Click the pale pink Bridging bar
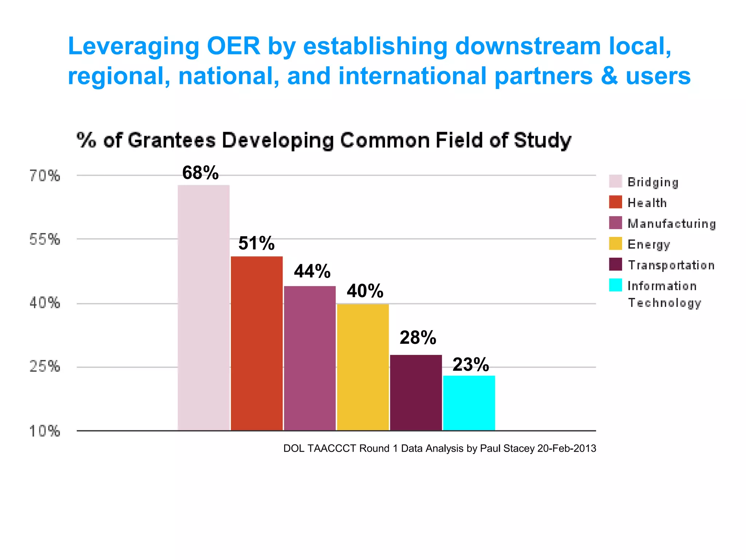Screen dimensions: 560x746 tap(204, 308)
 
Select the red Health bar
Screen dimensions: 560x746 tap(257, 343)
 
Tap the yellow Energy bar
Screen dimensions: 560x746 tap(363, 367)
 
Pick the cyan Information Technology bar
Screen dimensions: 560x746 tap(469, 403)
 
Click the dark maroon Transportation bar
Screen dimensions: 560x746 tap(416, 393)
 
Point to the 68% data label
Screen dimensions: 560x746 tap(200, 173)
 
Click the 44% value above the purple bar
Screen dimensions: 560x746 tap(312, 271)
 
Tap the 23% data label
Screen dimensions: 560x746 tap(471, 365)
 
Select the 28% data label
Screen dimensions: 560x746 tap(418, 338)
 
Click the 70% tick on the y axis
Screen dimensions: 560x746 tap(44, 176)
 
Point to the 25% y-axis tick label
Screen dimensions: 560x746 tap(44, 366)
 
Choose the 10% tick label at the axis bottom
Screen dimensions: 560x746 tap(44, 431)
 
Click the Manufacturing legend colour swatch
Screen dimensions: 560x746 tap(615, 223)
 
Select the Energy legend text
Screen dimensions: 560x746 tap(649, 244)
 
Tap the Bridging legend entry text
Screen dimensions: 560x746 tap(653, 182)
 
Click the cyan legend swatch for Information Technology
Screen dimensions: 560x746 tap(615, 285)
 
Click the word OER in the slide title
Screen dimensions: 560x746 tap(233, 46)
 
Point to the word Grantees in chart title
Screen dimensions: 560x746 tap(172, 140)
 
